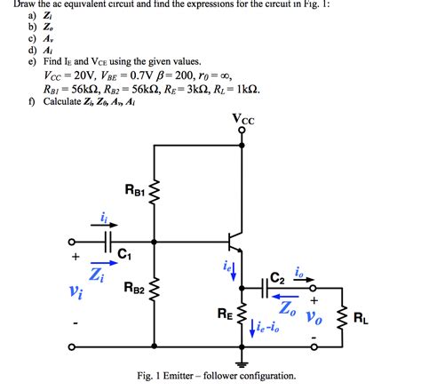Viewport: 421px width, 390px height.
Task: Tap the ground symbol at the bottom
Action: tap(242, 362)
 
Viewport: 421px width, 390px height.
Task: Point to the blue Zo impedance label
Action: tap(287, 309)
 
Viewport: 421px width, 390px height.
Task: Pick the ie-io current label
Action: tap(265, 330)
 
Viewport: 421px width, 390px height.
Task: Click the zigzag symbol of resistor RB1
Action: tap(155, 190)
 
